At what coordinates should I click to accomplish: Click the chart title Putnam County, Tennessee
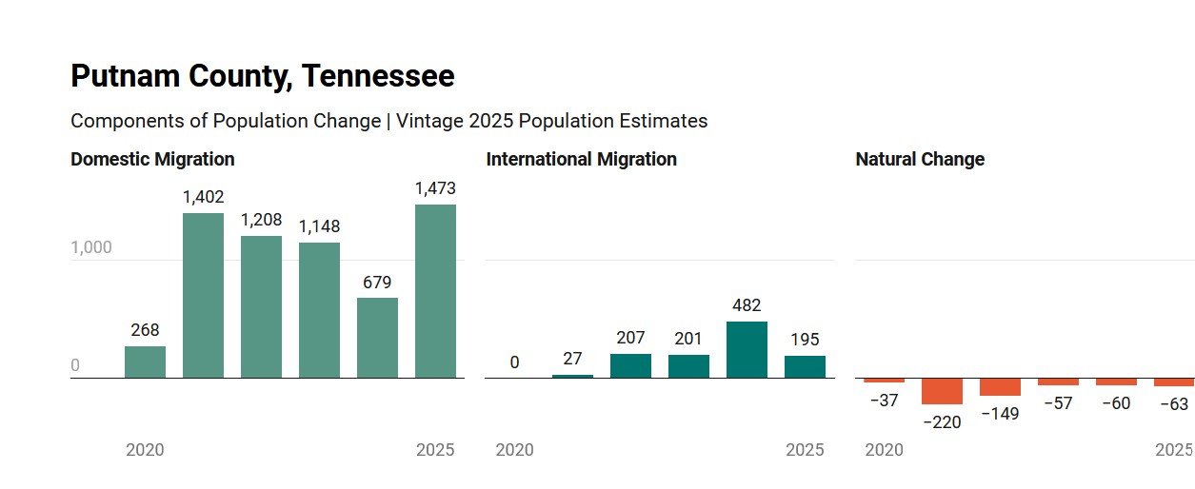point(262,76)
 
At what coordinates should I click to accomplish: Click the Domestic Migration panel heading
point(152,159)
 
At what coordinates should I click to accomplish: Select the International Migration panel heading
point(581,159)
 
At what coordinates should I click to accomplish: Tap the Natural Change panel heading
point(920,159)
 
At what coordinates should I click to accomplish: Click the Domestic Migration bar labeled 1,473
point(435,291)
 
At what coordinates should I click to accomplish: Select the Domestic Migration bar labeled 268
point(145,362)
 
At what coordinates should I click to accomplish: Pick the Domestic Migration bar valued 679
point(377,338)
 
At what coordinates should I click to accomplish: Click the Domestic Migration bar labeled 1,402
point(203,296)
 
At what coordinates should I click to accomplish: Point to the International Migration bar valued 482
point(747,350)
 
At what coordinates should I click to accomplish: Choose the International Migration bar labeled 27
point(572,376)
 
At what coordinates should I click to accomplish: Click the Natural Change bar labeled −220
point(942,391)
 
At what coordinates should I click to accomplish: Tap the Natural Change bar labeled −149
point(1000,387)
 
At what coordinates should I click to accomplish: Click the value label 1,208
point(261,220)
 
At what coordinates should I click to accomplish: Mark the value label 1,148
point(319,226)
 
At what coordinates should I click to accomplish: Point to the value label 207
point(630,338)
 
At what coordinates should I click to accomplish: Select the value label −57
point(1058,403)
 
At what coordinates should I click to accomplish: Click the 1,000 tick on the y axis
point(91,247)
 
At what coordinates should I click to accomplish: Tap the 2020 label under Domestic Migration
point(145,450)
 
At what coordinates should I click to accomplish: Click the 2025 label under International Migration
point(805,450)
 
